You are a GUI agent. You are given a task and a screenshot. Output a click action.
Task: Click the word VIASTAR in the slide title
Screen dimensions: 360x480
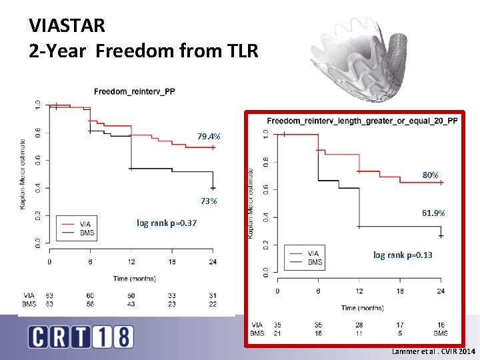(67, 25)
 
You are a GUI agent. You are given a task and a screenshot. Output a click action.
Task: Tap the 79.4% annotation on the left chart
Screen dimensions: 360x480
(209, 137)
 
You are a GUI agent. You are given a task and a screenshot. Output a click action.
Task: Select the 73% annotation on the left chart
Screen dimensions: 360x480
(209, 201)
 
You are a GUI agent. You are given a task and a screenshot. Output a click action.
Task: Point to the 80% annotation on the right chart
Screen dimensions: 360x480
(430, 175)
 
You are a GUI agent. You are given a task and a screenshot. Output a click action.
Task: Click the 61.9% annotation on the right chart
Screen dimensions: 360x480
(433, 213)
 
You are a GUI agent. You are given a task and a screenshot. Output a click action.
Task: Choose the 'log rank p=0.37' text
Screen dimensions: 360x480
(166, 223)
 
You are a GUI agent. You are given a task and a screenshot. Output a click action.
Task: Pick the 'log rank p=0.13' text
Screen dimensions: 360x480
(403, 255)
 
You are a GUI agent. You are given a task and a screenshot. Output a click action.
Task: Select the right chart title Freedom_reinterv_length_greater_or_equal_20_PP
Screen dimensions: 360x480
(363, 121)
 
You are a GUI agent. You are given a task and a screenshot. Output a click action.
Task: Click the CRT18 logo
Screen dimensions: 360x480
(81, 337)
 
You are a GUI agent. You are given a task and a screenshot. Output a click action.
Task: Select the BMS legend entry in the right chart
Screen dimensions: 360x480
(315, 262)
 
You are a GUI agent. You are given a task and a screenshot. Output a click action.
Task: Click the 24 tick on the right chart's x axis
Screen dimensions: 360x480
(441, 291)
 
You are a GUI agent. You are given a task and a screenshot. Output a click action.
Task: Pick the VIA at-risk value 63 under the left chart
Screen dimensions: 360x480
(50, 295)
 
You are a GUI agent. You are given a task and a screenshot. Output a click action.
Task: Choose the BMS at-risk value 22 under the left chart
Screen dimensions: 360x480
(213, 304)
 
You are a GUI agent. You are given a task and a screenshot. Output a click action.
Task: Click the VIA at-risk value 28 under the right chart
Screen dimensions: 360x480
(359, 325)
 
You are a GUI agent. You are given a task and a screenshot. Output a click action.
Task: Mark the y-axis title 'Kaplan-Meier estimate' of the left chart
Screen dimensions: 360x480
(23, 173)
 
